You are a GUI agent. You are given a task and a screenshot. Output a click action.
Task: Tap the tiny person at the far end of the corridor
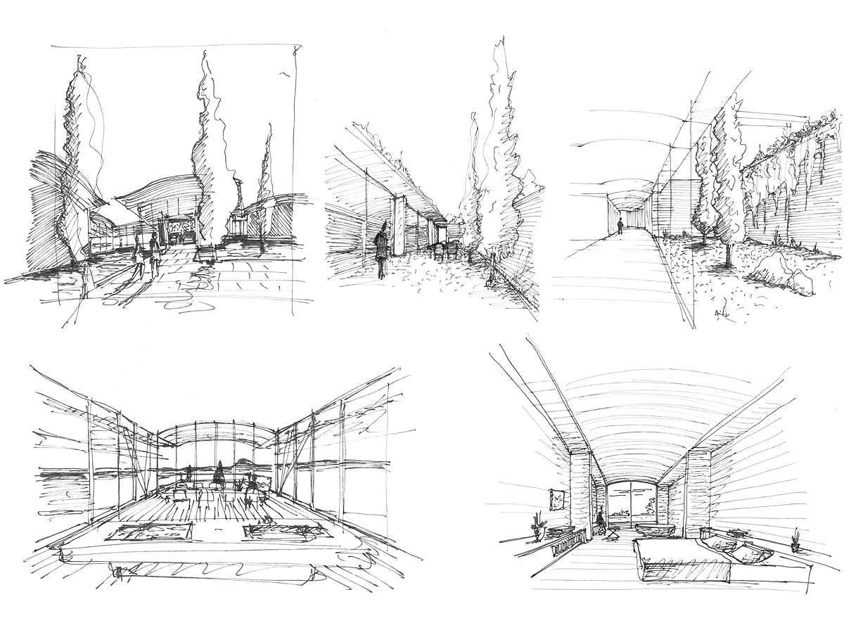click(x=620, y=226)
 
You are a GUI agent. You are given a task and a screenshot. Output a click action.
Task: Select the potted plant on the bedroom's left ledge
click(x=538, y=524)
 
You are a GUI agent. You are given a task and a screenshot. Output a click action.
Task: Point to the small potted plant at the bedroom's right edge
click(x=795, y=542)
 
